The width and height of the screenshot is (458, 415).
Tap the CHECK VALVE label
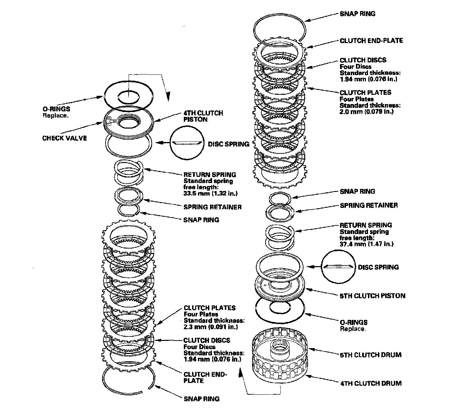(64, 138)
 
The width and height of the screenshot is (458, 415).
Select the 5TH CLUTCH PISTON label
(372, 296)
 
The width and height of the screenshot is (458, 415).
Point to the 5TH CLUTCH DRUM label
(370, 355)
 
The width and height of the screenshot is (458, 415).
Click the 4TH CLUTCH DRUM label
(370, 383)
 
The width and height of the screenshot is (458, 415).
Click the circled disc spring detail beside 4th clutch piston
(187, 143)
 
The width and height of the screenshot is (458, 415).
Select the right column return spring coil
(279, 235)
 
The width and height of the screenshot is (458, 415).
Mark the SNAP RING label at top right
(358, 14)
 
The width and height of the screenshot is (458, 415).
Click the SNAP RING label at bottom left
(201, 399)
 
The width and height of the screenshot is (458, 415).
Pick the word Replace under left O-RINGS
(56, 115)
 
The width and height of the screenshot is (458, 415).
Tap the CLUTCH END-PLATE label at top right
(371, 41)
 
